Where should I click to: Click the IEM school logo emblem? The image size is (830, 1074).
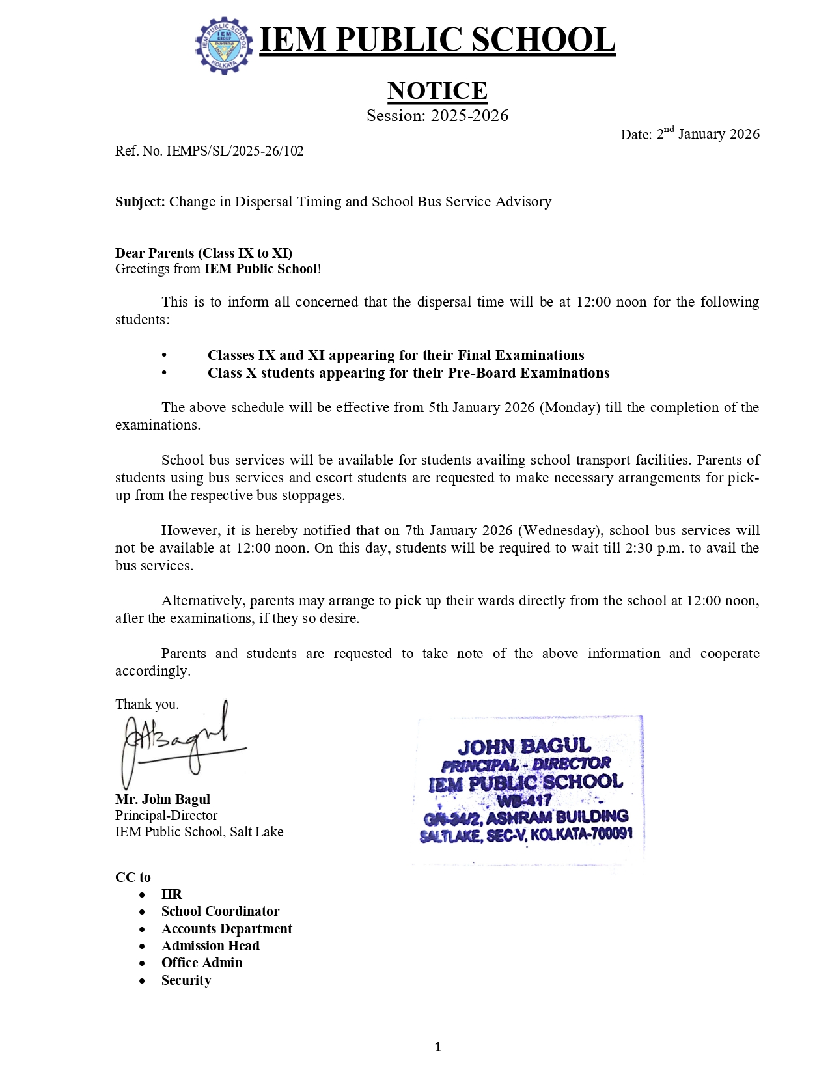pos(224,45)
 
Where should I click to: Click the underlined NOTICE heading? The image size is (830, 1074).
pos(437,91)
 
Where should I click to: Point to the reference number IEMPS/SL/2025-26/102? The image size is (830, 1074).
pos(235,151)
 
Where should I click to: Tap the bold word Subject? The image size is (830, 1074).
pos(140,202)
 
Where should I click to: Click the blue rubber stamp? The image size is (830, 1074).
pos(527,790)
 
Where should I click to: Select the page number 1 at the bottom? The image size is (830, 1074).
pos(437,1047)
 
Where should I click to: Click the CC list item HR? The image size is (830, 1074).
pos(172,894)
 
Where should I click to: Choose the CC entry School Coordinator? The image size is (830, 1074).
pos(220,911)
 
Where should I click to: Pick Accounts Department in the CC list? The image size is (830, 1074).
pos(227,929)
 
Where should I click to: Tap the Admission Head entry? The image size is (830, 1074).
pos(210,946)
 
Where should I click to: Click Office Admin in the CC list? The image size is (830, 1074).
pos(202,963)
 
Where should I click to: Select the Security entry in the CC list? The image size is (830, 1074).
pos(186,980)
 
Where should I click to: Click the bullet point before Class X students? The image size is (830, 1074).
pos(164,373)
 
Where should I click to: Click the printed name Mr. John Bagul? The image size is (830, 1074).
pos(163,799)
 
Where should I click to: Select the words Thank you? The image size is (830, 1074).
pos(147,704)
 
